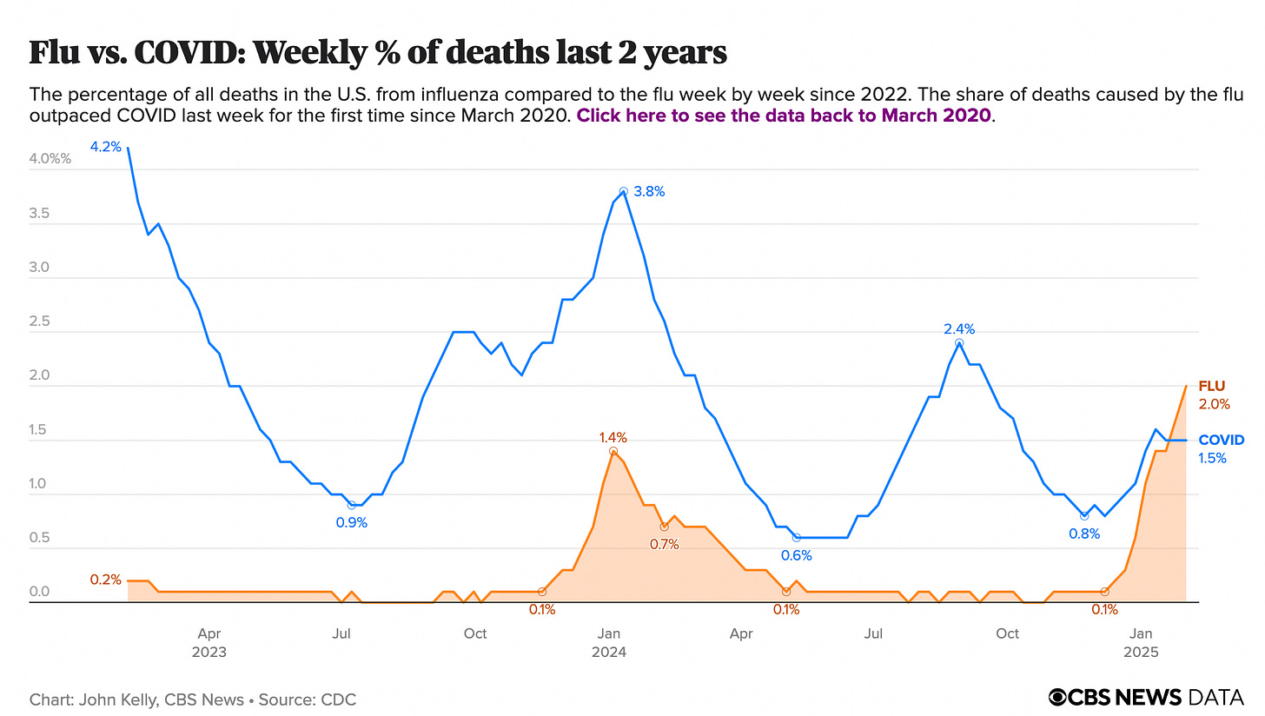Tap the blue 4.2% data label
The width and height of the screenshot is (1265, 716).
pos(106,147)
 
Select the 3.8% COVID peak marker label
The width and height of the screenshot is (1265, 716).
pos(648,191)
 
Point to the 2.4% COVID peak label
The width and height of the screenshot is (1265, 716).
pos(959,328)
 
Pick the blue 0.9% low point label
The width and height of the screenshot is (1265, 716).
pos(352,522)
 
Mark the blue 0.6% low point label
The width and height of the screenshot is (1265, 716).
pos(797,555)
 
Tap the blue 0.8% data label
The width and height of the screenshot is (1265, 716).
pos(1084,534)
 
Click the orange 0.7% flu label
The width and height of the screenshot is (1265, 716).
pos(664,544)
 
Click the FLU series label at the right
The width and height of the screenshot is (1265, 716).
pos(1211,386)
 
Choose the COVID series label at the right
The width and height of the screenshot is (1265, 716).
pos(1221,440)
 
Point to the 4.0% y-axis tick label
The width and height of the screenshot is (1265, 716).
pos(51,159)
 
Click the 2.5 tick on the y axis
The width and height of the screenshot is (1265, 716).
pos(41,322)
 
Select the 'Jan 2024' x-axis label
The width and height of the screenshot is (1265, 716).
pos(609,643)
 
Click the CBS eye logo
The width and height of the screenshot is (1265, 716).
pos(1058,697)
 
